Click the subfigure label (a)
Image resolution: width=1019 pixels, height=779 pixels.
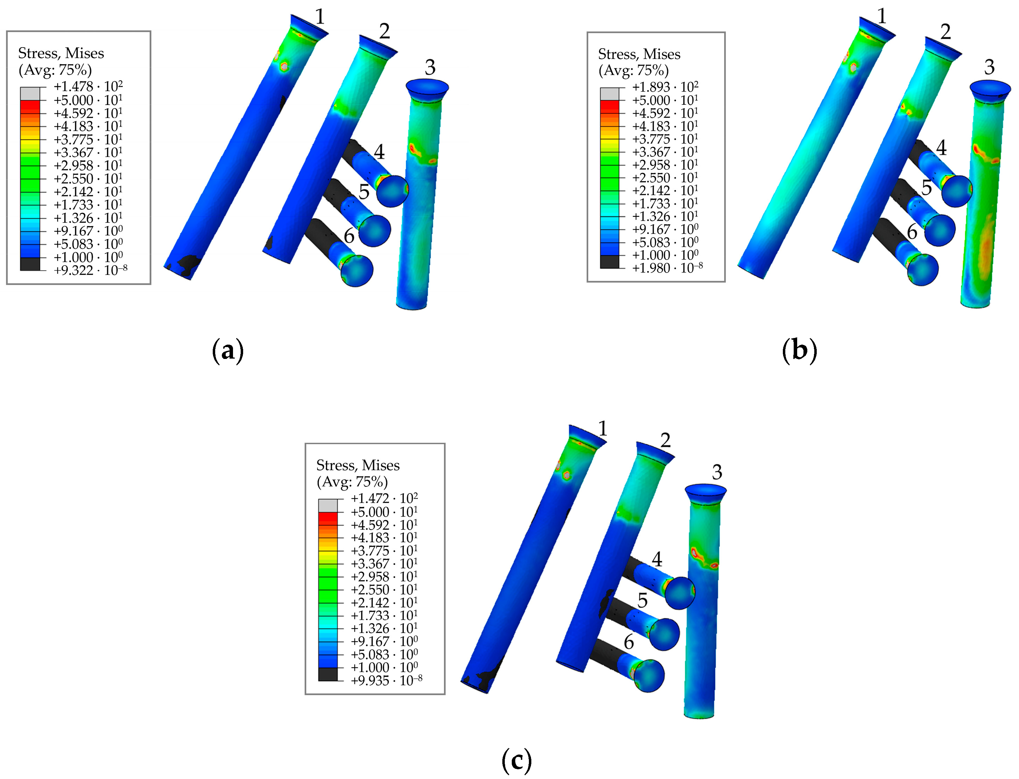pyautogui.click(x=228, y=351)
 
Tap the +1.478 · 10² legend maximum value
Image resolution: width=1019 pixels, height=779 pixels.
pyautogui.click(x=88, y=86)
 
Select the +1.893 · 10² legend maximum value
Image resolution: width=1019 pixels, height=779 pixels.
pyautogui.click(x=665, y=87)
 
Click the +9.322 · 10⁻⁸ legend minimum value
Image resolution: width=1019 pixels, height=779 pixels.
pyautogui.click(x=90, y=270)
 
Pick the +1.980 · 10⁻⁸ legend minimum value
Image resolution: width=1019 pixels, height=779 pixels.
pyautogui.click(x=667, y=267)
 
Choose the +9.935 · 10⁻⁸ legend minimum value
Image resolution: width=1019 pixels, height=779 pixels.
pyautogui.click(x=386, y=680)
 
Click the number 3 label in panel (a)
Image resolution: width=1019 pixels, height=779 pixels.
pyautogui.click(x=430, y=68)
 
